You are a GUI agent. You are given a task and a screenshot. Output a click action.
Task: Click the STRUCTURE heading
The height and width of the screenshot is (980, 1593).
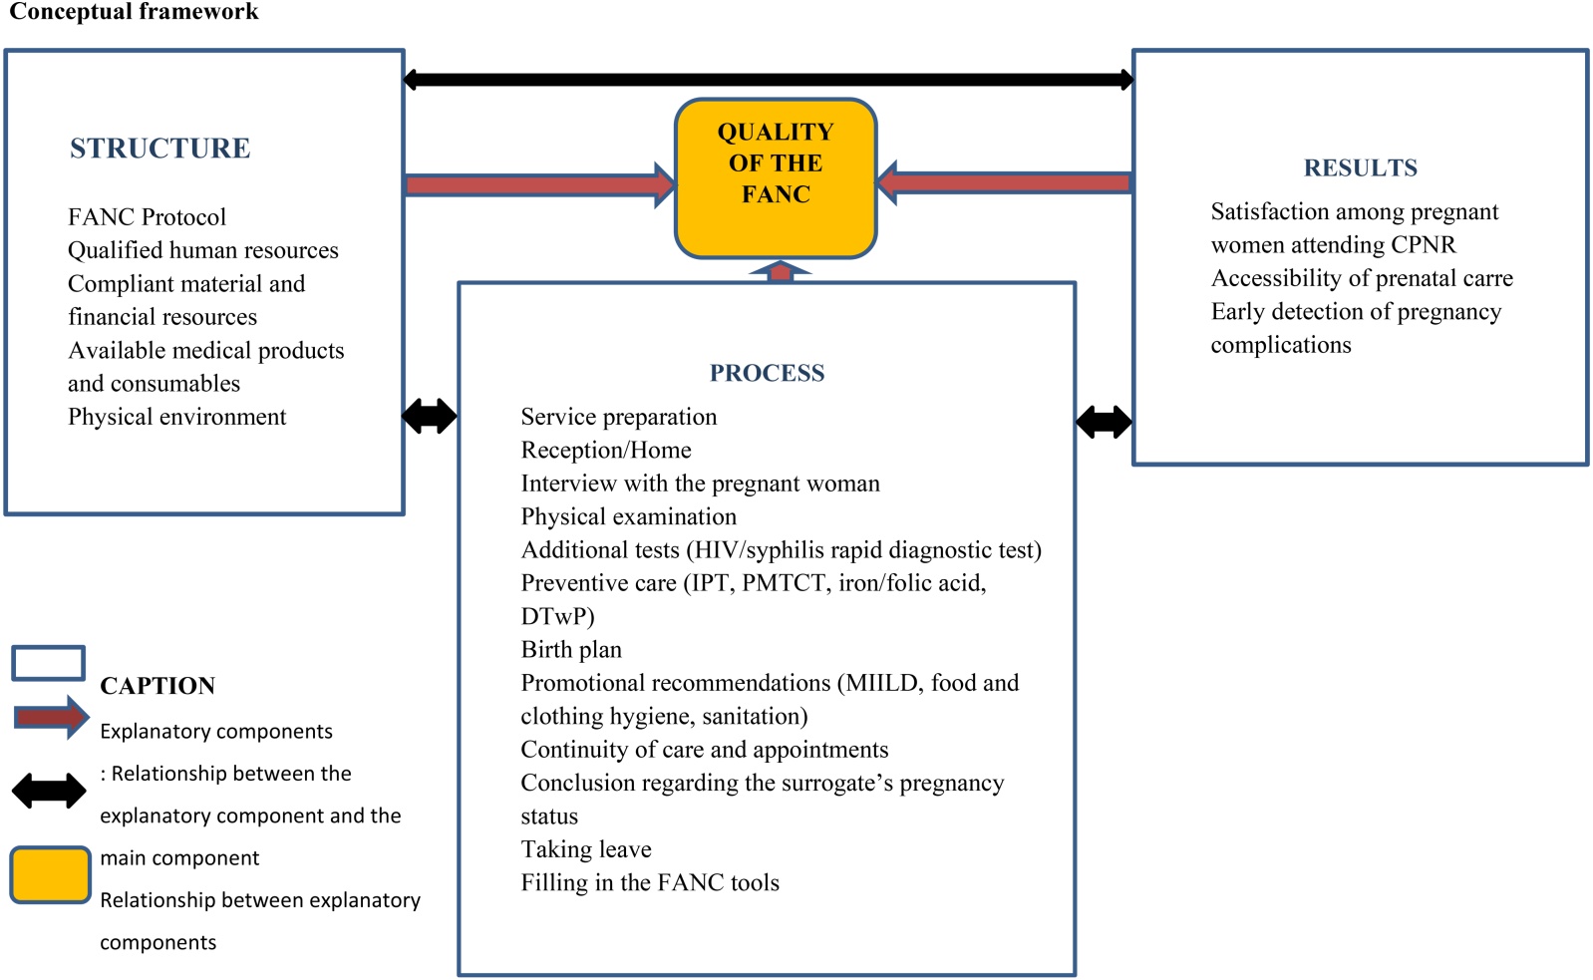160,148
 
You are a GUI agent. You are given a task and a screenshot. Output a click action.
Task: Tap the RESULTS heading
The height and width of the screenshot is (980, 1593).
1361,167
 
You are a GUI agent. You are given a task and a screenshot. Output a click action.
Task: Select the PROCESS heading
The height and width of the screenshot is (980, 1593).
768,373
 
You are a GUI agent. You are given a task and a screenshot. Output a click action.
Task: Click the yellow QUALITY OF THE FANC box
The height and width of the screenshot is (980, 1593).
776,178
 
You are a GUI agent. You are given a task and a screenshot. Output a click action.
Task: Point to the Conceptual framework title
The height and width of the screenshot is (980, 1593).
134,11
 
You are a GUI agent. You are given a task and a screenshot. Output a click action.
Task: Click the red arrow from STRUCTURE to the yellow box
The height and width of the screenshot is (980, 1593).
540,185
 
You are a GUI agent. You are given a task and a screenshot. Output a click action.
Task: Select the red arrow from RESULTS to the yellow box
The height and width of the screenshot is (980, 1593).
1004,182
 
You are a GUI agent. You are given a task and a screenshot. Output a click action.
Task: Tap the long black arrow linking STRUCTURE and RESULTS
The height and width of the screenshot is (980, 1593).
769,79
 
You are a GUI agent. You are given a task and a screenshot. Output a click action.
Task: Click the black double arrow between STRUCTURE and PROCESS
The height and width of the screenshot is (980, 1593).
430,416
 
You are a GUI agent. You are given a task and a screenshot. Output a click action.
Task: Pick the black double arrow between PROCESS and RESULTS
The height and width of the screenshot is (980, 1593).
1104,422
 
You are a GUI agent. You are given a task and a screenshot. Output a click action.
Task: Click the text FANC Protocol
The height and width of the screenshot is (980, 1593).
148,217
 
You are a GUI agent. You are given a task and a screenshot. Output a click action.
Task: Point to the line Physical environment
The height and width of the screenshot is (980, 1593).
177,417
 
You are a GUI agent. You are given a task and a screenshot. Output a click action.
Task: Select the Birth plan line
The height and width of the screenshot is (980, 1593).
571,649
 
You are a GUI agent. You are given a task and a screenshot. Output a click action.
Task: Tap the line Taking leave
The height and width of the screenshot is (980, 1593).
586,849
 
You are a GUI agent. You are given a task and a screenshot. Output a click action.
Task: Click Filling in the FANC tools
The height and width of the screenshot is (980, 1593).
650,882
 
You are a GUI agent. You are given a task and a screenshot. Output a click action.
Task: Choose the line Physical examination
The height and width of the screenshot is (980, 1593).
629,516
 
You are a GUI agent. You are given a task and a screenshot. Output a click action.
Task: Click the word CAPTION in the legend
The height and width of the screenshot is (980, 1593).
158,686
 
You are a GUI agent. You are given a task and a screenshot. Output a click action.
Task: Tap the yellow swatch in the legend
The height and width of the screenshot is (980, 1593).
51,874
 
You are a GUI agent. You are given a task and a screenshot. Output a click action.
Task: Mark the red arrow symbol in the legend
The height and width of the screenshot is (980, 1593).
51,718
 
